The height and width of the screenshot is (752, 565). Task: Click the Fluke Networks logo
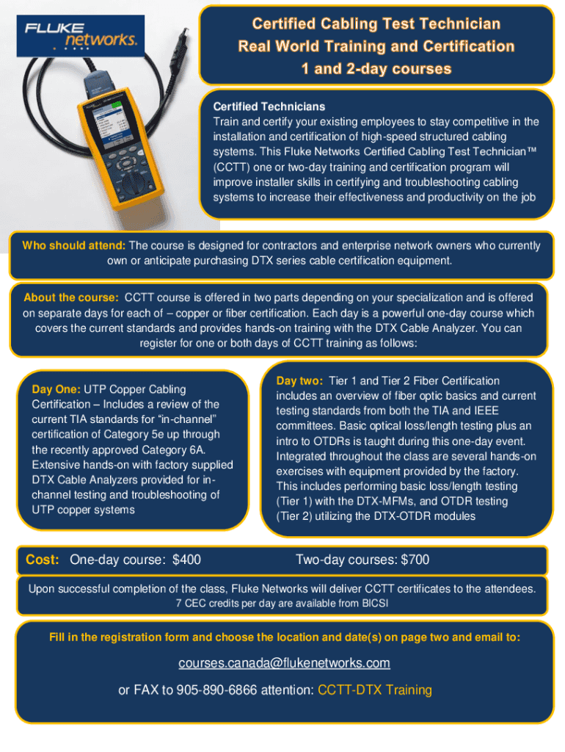click(81, 36)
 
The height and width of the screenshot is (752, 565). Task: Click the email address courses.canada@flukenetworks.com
click(284, 663)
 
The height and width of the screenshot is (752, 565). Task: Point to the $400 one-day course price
click(186, 560)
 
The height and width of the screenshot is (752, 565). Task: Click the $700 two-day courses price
click(415, 560)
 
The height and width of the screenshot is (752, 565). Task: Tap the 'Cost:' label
click(42, 560)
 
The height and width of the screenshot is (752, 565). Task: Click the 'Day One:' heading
click(56, 389)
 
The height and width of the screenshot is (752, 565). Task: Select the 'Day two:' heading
click(299, 381)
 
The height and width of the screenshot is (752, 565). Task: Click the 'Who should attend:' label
click(74, 245)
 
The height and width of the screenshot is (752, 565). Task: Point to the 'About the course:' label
click(71, 297)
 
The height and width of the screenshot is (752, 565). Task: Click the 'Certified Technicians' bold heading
click(269, 106)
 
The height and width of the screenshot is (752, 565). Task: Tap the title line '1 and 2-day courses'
click(376, 68)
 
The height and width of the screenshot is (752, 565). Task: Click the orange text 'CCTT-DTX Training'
click(375, 690)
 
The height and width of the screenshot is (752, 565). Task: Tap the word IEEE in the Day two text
click(486, 411)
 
